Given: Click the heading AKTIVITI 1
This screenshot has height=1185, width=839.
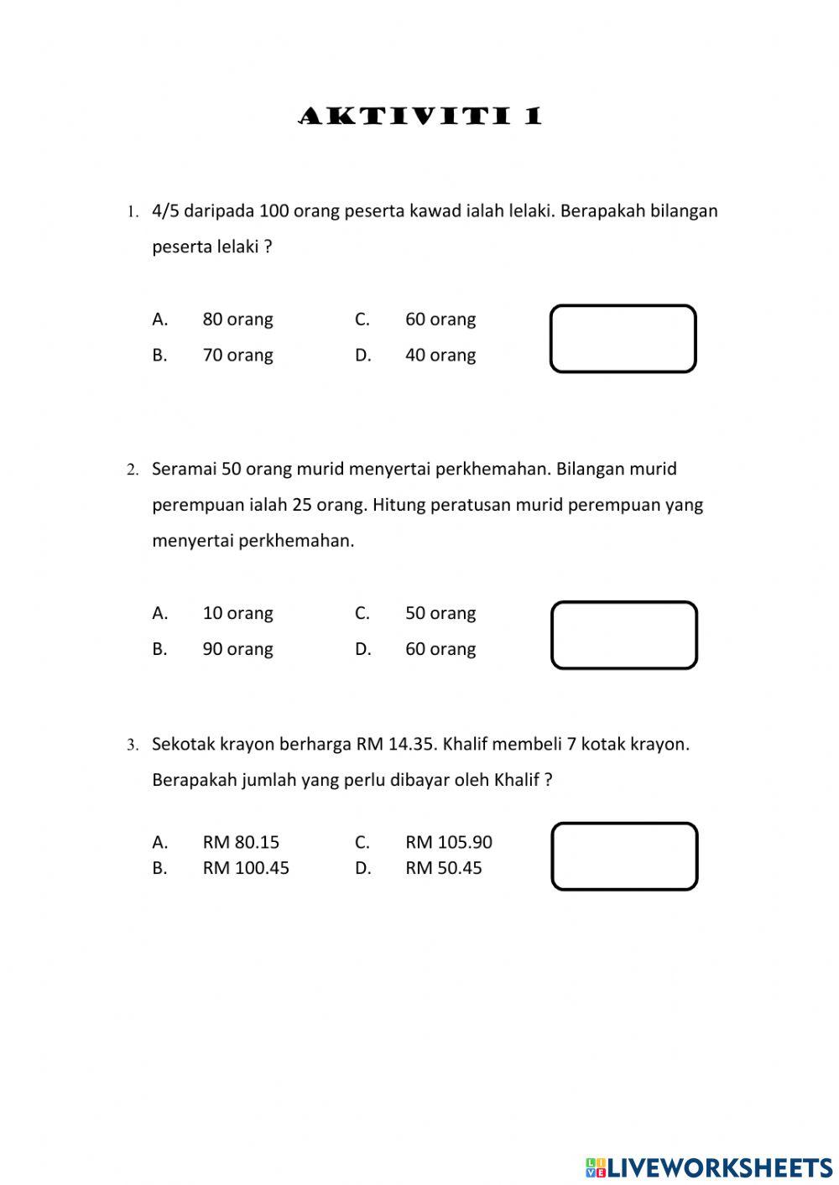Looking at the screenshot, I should click(420, 116).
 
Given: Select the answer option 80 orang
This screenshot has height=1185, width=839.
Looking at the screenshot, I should click(237, 320).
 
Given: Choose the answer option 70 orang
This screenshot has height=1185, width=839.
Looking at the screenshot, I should click(237, 356).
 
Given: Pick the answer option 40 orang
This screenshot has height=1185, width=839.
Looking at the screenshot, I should click(440, 356).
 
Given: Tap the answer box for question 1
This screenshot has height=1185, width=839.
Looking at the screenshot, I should click(623, 339).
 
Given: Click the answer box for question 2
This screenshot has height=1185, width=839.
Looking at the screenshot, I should click(623, 635).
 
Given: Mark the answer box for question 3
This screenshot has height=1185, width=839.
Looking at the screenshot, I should click(624, 856).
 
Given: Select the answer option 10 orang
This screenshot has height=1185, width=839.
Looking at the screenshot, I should click(237, 613).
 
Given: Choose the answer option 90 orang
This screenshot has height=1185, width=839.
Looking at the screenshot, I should click(237, 649).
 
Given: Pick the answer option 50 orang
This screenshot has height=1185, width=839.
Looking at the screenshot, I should click(440, 613).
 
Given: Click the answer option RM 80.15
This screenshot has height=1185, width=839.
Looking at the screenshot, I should click(241, 842).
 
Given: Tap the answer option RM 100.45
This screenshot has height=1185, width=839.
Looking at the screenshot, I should click(246, 868).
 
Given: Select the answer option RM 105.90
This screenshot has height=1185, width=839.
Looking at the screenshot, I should click(449, 842).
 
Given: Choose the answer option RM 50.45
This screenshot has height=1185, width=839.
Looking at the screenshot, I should click(444, 868).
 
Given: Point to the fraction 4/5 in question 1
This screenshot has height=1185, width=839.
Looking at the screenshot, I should click(166, 210).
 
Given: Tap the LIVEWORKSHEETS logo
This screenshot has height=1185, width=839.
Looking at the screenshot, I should click(709, 1167).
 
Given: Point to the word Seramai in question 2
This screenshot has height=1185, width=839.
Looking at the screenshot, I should click(184, 469).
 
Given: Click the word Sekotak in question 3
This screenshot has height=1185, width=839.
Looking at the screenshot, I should click(183, 744).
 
